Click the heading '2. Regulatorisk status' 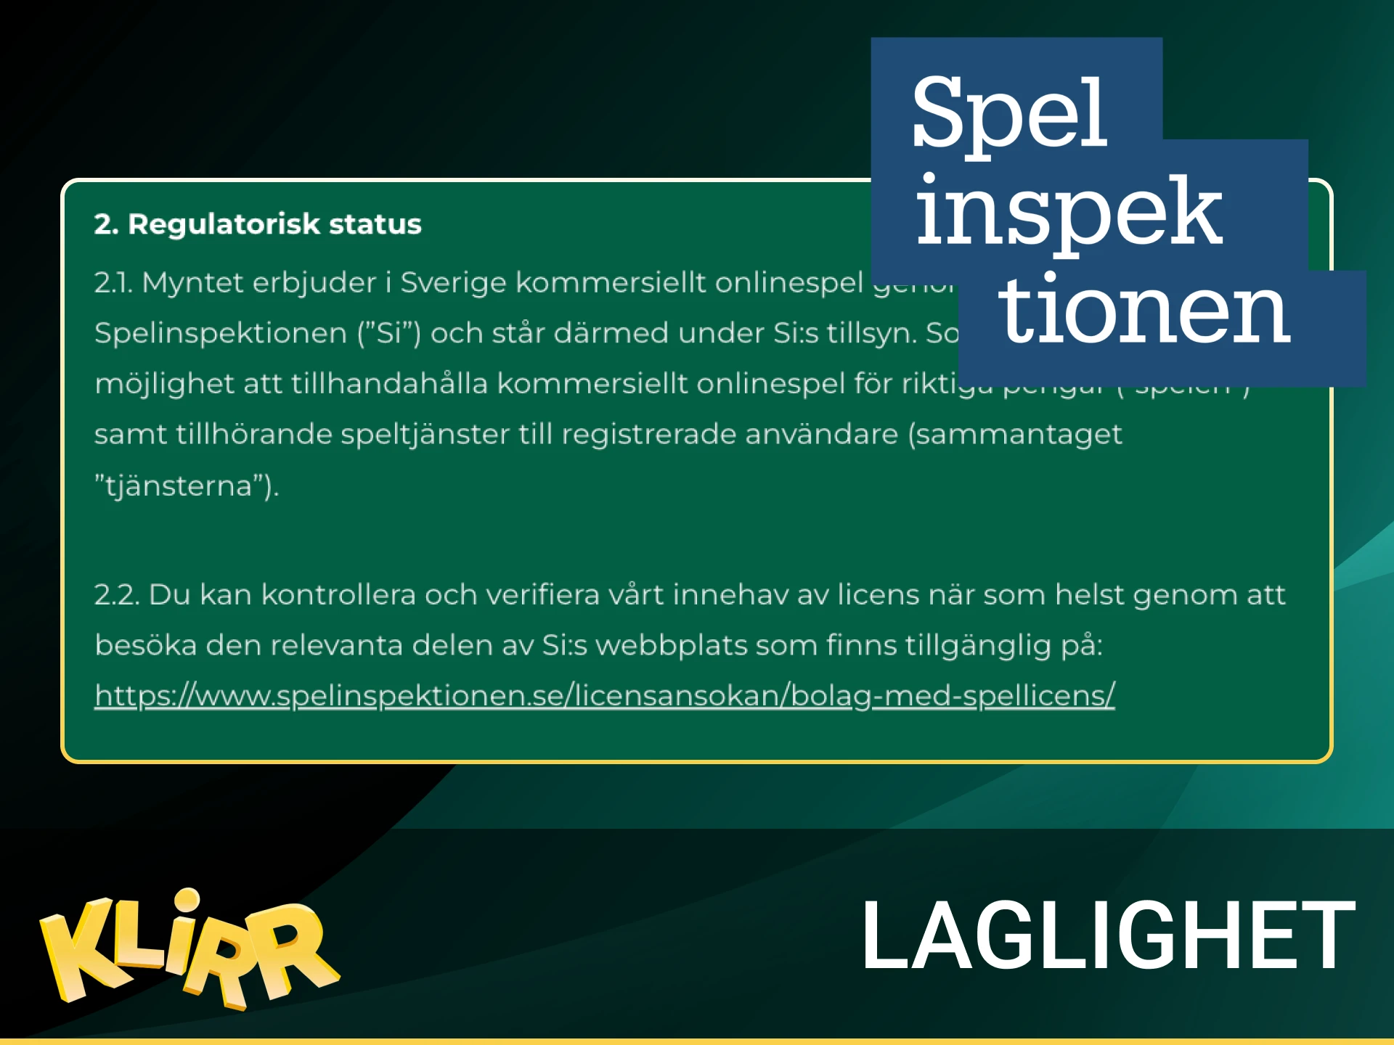[258, 224]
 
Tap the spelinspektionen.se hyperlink [604, 695]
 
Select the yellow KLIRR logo [189, 951]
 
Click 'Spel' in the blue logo [1009, 112]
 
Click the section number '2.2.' [116, 594]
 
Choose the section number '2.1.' [113, 282]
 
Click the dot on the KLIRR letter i [187, 901]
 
